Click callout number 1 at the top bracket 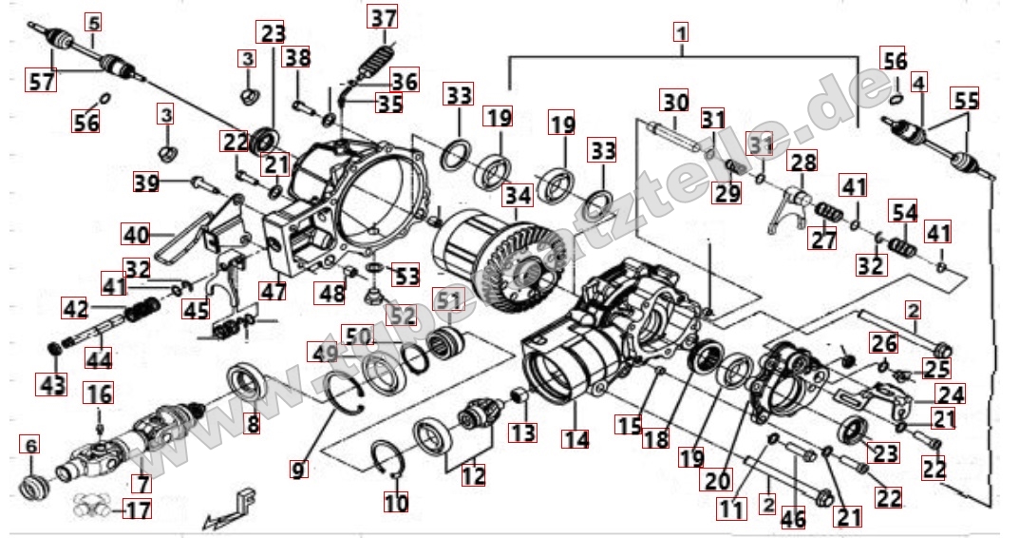680,31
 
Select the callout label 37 384,18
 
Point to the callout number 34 518,197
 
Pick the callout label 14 576,439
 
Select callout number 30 675,102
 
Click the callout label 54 903,210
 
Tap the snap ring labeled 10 388,460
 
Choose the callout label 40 135,233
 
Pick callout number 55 966,99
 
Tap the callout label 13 522,432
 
